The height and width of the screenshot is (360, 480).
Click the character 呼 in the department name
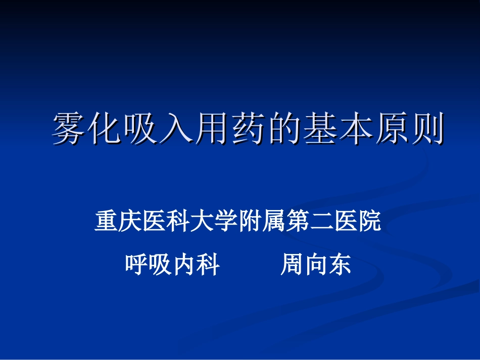pyautogui.click(x=137, y=265)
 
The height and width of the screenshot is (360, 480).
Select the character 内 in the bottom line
pyautogui.click(x=184, y=265)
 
